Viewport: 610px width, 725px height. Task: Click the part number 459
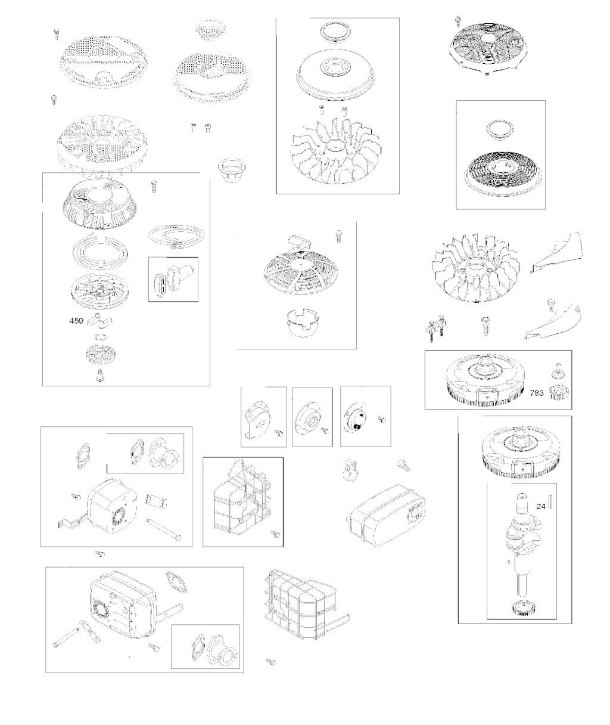76,321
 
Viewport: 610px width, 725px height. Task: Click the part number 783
537,394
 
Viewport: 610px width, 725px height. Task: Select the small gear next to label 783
559,394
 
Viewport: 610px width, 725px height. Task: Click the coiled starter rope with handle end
176,237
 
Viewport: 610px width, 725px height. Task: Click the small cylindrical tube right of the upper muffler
156,500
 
